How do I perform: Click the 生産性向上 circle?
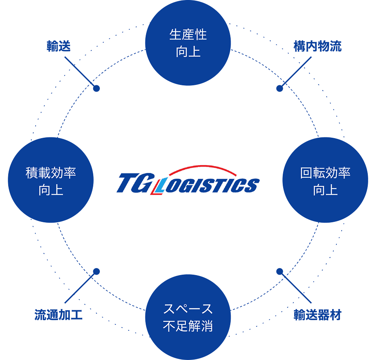188,43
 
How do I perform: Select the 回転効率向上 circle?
325,180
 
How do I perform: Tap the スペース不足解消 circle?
188,317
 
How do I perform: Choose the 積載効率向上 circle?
51,180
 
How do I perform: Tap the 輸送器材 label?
317,315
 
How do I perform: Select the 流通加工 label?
58,315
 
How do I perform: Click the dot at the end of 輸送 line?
96,88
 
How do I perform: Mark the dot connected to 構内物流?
280,88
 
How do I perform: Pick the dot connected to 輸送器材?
280,271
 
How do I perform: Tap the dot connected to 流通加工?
96,271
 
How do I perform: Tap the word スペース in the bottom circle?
188,309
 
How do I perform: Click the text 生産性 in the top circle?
188,35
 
